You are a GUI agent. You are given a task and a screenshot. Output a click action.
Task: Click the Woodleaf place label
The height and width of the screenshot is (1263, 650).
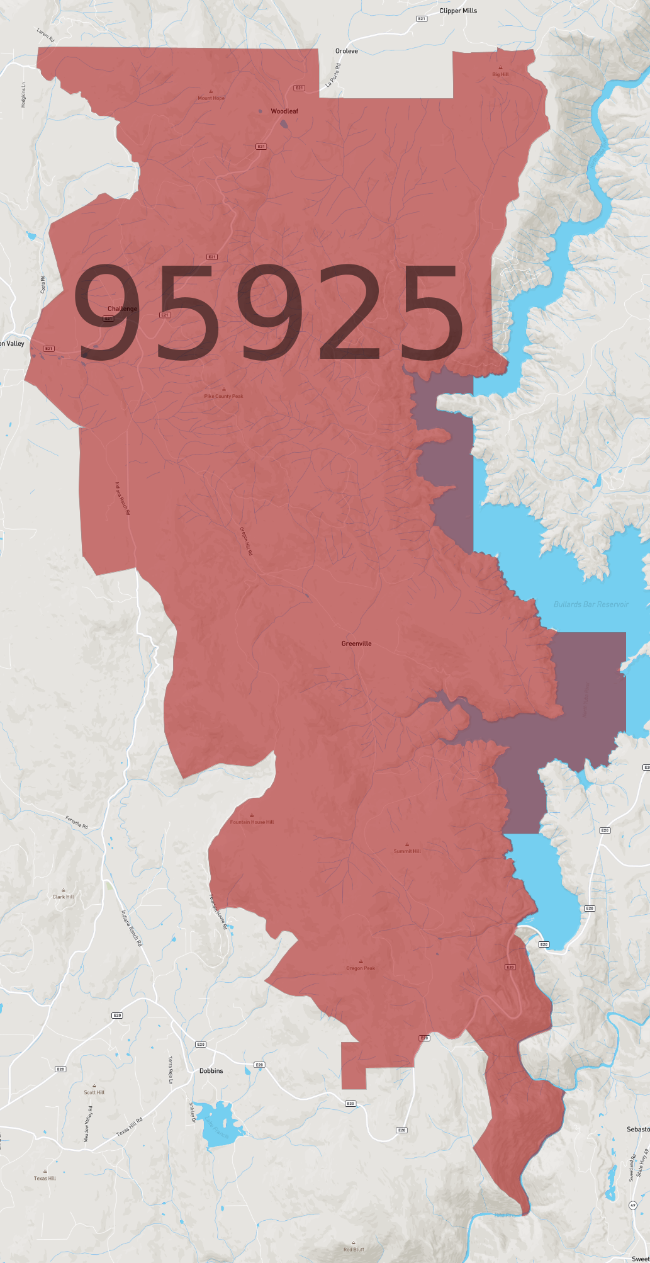pos(284,111)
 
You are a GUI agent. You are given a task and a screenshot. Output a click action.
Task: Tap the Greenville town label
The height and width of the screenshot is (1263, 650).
pos(356,643)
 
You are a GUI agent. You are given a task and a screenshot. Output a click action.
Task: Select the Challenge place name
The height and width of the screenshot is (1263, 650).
pos(122,309)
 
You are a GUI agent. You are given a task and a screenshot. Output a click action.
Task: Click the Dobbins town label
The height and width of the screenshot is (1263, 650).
pos(211,1070)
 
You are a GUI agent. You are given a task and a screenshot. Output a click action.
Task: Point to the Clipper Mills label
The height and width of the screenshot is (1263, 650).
pos(458,11)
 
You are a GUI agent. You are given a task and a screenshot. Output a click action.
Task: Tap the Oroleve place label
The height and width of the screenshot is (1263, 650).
pos(346,51)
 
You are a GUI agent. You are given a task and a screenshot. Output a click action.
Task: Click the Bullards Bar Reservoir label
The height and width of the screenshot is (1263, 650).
pos(591,604)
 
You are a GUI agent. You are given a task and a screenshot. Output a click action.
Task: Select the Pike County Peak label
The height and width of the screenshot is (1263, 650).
pos(223,396)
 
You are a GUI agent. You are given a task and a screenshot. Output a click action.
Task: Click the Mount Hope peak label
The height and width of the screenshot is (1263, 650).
pos(211,98)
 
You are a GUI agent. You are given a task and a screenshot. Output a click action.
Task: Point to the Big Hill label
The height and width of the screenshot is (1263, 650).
pos(500,74)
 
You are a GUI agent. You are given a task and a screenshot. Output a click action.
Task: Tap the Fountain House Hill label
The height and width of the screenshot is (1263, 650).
pos(252,822)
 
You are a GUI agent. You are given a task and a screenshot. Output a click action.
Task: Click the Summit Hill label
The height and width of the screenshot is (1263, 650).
pos(407,851)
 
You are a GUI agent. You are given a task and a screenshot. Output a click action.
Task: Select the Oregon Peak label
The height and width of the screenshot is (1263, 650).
pos(361,968)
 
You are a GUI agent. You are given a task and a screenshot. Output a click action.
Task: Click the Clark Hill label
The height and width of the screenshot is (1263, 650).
pos(63,897)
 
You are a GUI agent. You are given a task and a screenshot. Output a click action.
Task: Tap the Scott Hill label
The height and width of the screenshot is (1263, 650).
pos(94,1092)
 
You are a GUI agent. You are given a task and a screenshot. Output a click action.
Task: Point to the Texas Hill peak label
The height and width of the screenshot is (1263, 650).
pos(45,1178)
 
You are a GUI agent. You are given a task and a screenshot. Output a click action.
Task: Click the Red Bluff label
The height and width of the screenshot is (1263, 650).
pos(354,1249)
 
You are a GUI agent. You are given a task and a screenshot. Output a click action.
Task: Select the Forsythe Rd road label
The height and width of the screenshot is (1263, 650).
pos(77,822)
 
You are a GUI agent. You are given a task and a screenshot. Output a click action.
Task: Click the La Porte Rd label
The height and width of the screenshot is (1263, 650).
pos(333,75)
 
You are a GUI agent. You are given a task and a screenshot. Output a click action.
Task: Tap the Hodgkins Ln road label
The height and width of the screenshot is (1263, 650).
pos(24,94)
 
